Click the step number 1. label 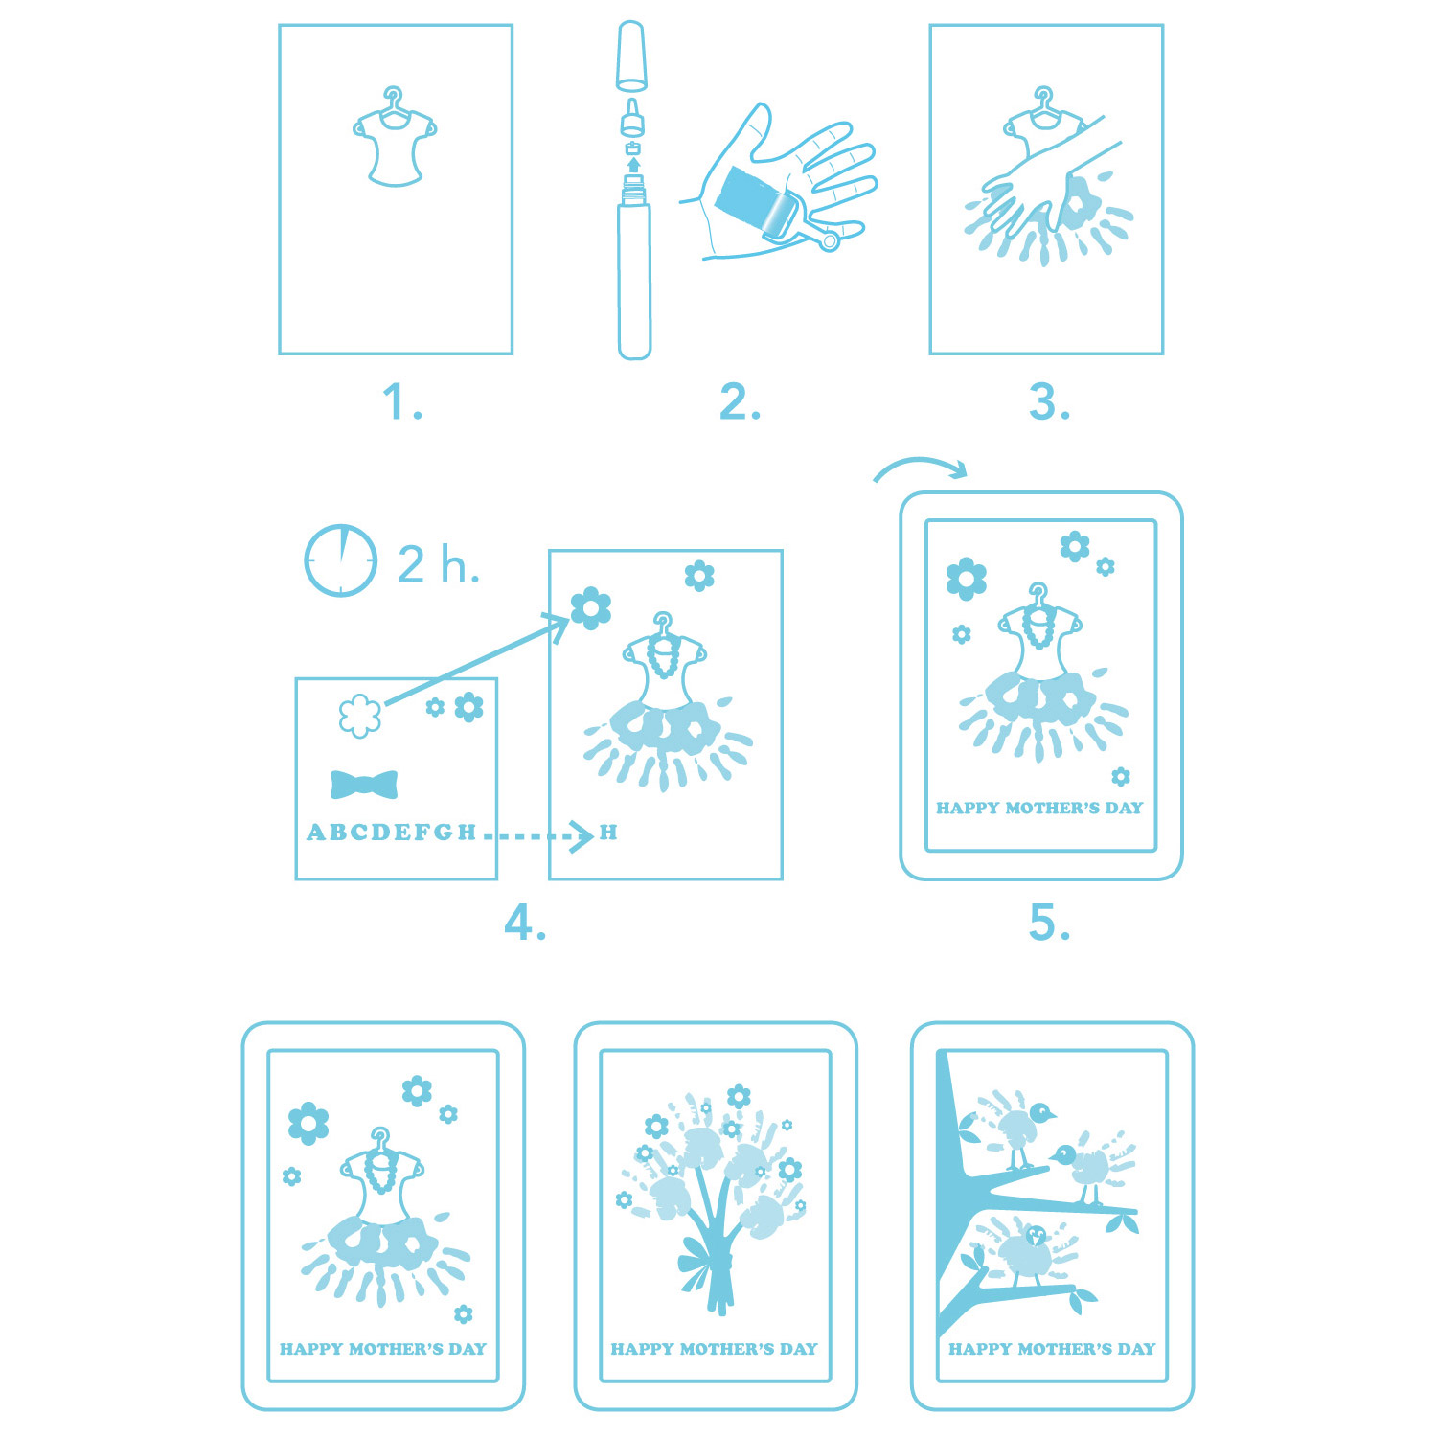[402, 402]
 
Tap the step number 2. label [740, 402]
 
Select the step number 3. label [1049, 402]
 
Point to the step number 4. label [525, 924]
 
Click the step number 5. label [1049, 924]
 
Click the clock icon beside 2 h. [340, 560]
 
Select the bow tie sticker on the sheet [364, 785]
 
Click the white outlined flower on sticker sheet [360, 716]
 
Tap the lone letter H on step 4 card [608, 832]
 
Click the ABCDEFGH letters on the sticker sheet [391, 833]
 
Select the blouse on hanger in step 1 [395, 136]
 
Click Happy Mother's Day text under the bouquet [715, 1349]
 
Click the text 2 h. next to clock [439, 564]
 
